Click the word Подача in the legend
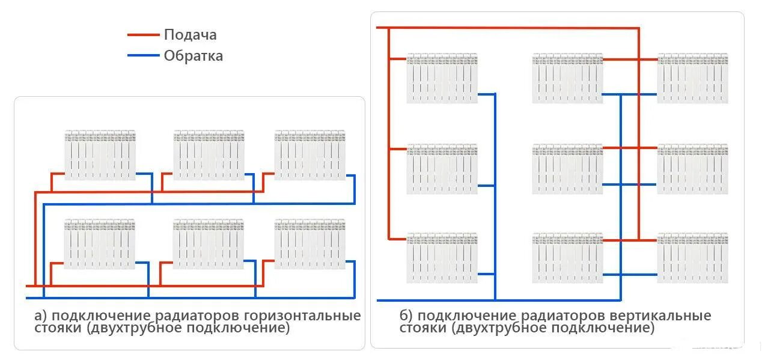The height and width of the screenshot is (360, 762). click(190, 35)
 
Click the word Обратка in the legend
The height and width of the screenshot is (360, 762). click(193, 56)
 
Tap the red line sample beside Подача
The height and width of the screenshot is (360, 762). click(144, 35)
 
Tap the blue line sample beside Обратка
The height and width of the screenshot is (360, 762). click(144, 56)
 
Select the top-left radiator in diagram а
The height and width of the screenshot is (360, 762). click(100, 155)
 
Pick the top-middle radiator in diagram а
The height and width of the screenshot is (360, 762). click(209, 155)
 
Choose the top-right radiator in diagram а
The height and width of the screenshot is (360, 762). click(310, 155)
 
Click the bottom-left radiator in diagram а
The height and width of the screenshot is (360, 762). click(100, 244)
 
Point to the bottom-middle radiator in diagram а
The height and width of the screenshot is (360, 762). click(209, 244)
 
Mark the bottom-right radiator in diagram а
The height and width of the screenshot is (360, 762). click(310, 244)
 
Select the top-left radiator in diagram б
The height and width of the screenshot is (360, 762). click(442, 78)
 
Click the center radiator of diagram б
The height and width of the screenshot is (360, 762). click(567, 169)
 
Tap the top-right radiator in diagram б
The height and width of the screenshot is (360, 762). click(692, 78)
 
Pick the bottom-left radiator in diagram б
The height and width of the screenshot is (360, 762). click(442, 258)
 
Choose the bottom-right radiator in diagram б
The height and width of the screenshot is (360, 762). click(692, 258)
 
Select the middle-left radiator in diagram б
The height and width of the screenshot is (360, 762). click(442, 169)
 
